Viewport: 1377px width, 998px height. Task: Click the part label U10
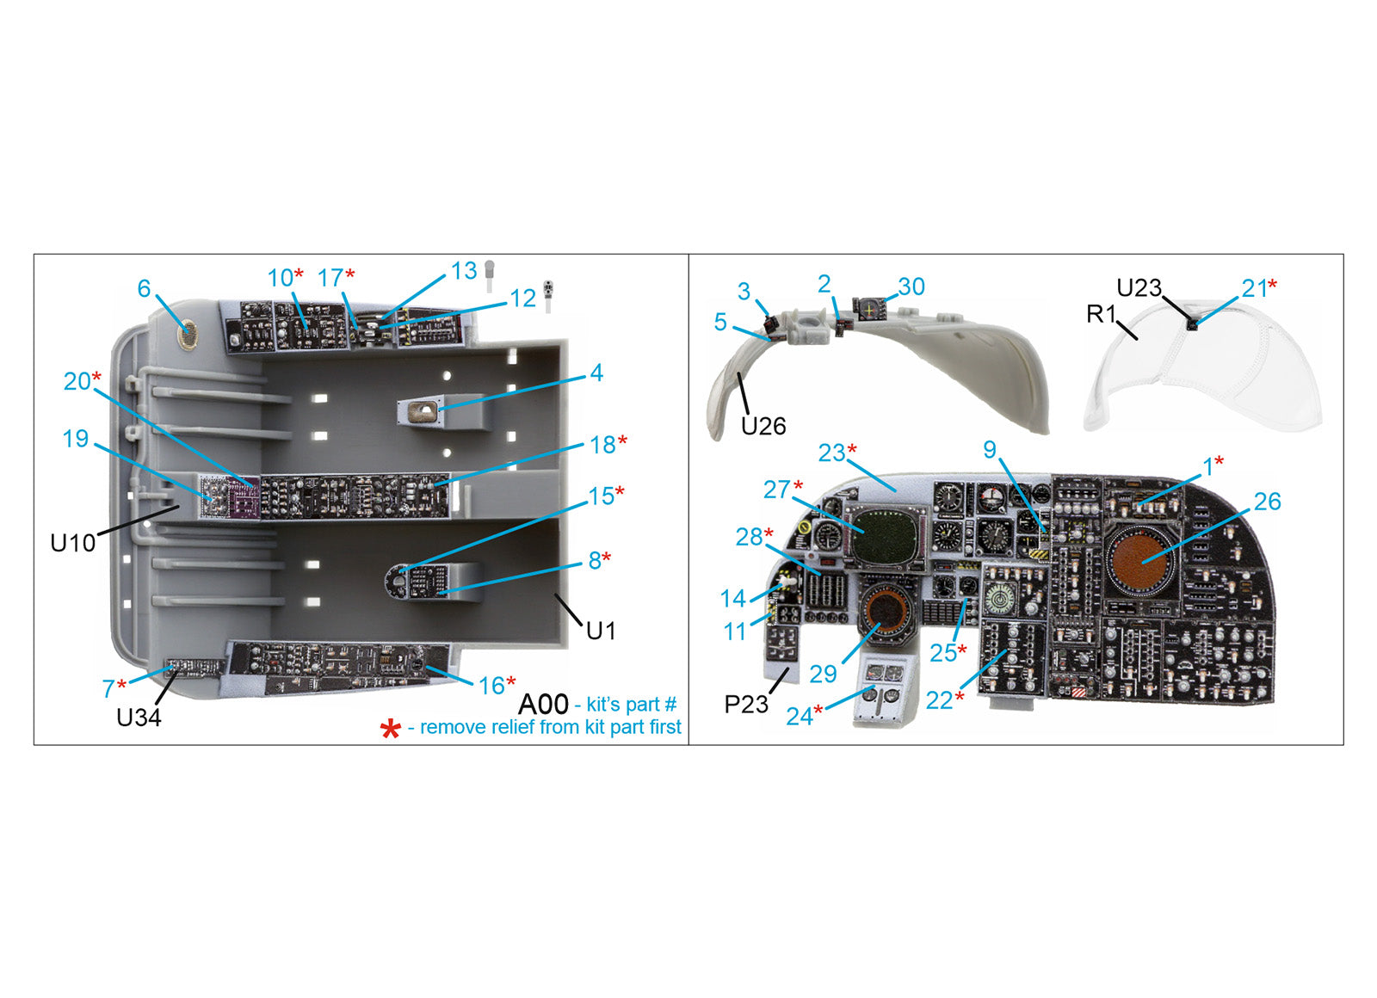(x=72, y=543)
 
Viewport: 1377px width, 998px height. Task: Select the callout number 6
(x=144, y=289)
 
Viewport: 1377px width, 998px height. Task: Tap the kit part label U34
(x=139, y=718)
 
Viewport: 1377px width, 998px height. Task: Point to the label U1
(x=601, y=631)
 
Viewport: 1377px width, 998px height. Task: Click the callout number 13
(x=464, y=271)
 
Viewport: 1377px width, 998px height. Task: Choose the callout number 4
(x=596, y=373)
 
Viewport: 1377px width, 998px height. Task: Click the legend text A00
(x=543, y=705)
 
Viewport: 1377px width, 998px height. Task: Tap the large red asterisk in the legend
(x=390, y=730)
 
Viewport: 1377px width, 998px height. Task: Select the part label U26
(x=763, y=426)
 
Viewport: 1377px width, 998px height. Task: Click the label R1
(x=1101, y=314)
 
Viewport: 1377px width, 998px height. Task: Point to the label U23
(x=1139, y=288)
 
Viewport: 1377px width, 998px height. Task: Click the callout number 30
(x=911, y=286)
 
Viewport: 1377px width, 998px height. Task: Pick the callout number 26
(x=1267, y=502)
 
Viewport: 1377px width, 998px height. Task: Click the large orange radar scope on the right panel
(x=1142, y=560)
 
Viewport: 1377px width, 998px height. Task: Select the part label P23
(x=745, y=705)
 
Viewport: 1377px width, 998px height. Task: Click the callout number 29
(x=823, y=674)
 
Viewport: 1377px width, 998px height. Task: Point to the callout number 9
(x=990, y=450)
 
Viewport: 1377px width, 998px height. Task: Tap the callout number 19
(x=76, y=439)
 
